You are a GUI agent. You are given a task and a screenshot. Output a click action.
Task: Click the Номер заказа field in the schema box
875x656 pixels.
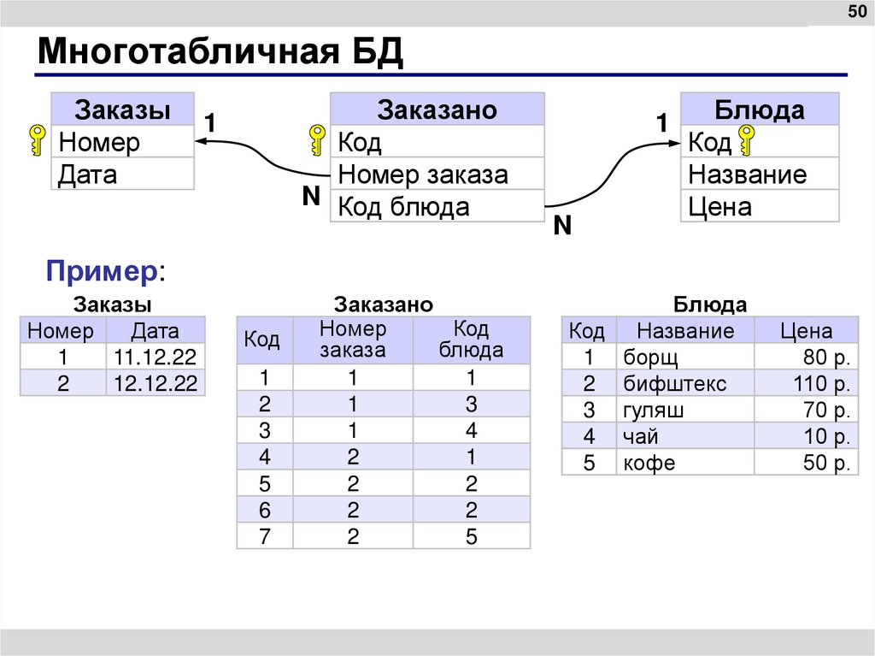coord(423,174)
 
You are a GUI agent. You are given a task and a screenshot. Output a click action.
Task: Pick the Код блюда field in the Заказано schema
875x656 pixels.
coord(403,206)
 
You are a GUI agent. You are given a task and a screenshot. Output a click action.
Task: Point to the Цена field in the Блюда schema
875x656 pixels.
coord(719,206)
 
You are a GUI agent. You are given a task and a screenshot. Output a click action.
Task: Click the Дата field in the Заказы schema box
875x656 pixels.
coord(88,174)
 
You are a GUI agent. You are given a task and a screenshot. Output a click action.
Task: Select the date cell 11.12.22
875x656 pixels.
coord(155,358)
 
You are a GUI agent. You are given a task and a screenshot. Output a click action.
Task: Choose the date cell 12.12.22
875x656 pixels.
coord(155,384)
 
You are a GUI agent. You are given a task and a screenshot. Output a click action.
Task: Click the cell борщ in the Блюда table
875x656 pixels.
coord(650,358)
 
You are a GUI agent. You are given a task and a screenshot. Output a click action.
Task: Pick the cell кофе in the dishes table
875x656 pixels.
coord(649,463)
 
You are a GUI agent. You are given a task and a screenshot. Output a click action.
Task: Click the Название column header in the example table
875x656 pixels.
coord(685,331)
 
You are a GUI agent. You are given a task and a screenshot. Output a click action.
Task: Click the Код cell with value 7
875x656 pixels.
coord(264,537)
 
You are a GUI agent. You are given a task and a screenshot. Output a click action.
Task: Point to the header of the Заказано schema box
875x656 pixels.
coord(437,109)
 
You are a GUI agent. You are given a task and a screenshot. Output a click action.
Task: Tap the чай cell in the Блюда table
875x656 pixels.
coord(641,436)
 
